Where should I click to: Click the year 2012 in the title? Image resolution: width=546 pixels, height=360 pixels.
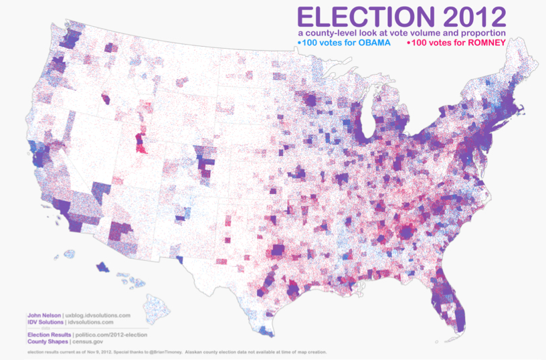pos(472,16)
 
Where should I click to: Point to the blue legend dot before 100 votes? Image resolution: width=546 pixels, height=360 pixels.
pos(298,43)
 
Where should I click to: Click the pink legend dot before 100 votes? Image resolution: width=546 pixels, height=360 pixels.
pos(409,43)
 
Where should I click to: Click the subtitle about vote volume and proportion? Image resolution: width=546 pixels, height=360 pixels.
pos(401,32)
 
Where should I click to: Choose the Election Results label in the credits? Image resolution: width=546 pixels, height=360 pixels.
pos(49,334)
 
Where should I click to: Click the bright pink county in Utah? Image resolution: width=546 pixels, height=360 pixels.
pos(140,142)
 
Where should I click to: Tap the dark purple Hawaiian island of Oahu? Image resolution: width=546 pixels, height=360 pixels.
pos(103,267)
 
